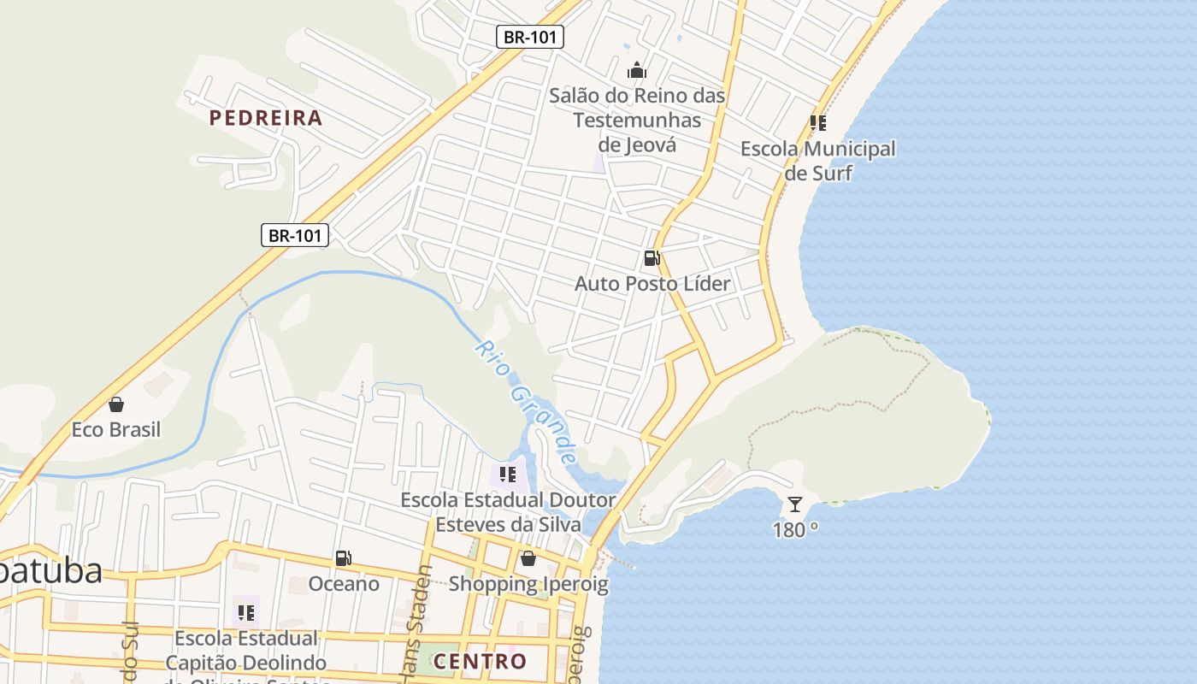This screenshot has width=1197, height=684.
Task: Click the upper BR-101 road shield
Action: (530, 37)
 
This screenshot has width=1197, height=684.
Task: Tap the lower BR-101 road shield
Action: (295, 235)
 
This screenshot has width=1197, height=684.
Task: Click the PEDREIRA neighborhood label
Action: (266, 118)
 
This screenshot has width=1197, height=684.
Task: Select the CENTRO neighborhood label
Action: (480, 661)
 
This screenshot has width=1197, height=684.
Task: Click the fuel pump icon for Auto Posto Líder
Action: (652, 257)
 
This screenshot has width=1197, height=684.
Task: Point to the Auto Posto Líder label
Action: (652, 283)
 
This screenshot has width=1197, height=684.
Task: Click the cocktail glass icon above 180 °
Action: (795, 504)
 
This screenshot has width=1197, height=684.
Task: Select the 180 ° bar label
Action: (795, 530)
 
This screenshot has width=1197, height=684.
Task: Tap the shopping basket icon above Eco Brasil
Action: (116, 404)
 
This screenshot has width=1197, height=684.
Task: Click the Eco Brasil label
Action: (116, 429)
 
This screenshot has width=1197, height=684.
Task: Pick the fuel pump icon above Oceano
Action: (343, 558)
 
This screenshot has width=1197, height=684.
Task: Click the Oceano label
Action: (344, 584)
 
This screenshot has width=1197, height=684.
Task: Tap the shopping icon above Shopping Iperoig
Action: (528, 558)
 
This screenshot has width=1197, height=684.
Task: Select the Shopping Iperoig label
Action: (528, 585)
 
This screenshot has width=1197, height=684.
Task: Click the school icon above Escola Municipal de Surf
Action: (818, 123)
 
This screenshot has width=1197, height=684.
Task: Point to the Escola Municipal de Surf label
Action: (818, 161)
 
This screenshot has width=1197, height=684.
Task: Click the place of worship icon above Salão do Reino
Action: (637, 70)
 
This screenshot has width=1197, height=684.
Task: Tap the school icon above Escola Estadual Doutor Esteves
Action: (508, 474)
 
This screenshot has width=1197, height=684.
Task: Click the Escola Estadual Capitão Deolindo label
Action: (246, 652)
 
